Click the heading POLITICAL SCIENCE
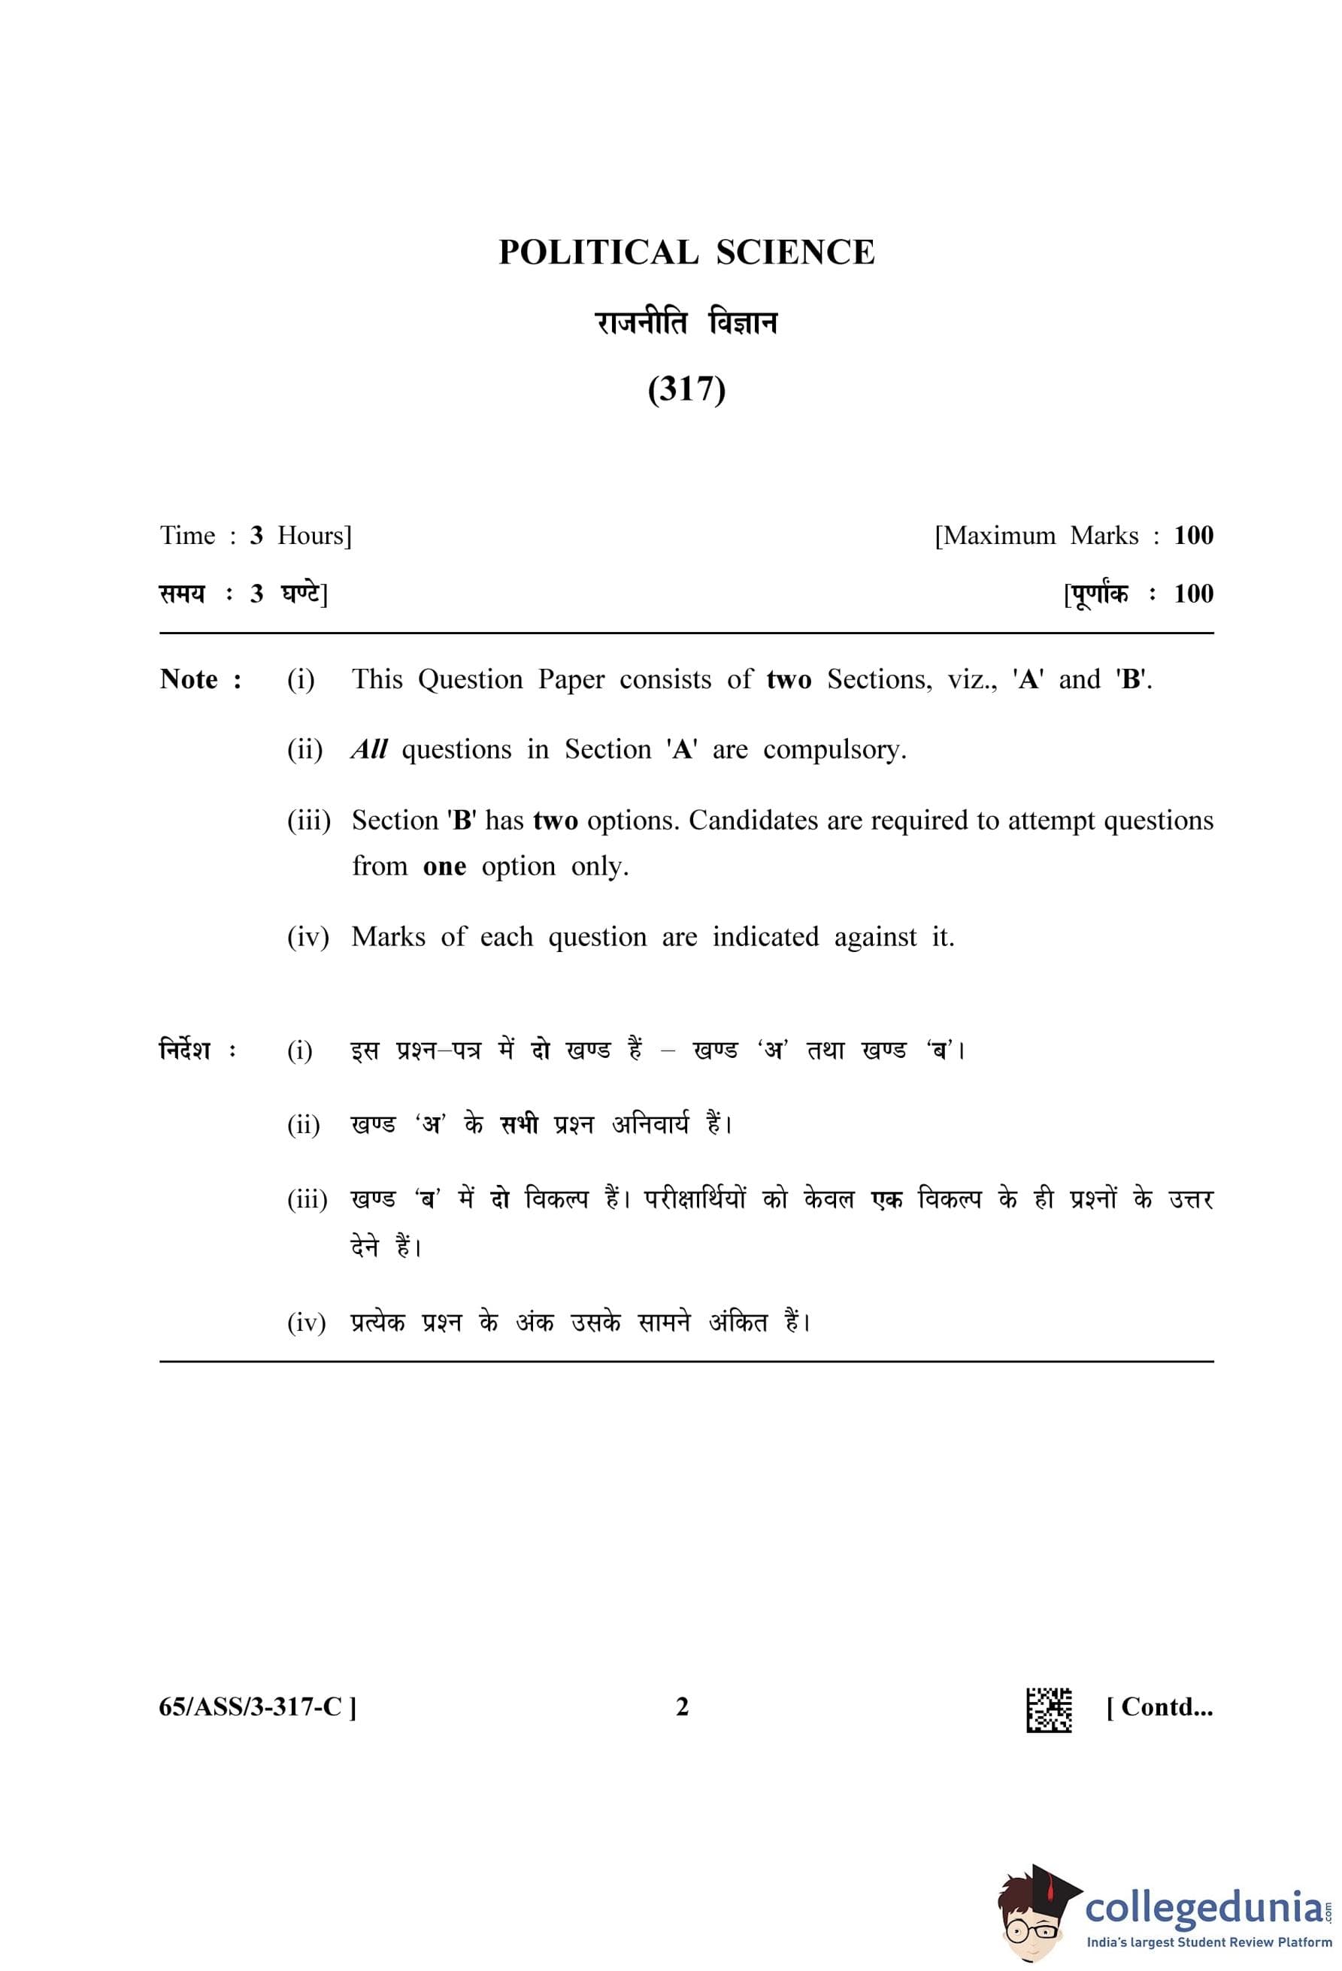686,252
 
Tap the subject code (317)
686,389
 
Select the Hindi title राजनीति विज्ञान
686,323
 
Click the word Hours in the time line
314,535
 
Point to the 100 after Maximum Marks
1192,535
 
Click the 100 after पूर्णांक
1192,594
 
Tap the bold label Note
190,679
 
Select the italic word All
369,750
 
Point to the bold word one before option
444,866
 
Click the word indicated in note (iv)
765,936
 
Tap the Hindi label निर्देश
185,1050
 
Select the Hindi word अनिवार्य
650,1125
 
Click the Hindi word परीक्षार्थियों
695,1199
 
